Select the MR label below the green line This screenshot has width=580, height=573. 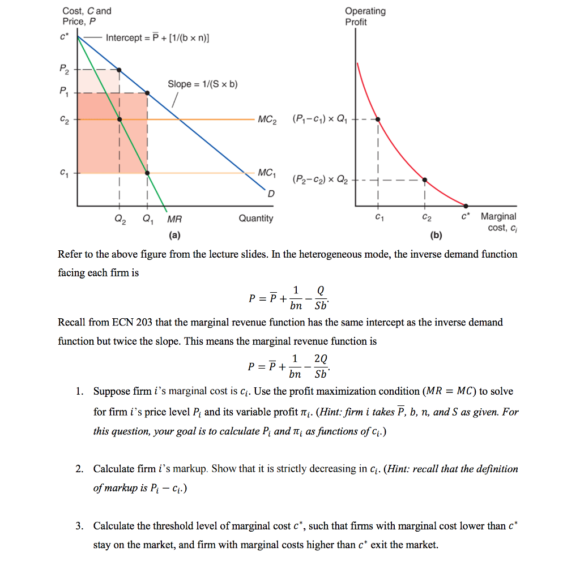tap(174, 219)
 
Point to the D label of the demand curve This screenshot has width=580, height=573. tap(271, 194)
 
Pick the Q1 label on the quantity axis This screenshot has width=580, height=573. tap(147, 219)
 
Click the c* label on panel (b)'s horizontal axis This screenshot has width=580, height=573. tap(465, 216)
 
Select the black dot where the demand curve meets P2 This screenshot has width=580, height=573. tap(119, 70)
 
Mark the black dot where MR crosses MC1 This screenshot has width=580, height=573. tap(147, 173)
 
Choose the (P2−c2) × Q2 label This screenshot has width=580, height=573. tap(318, 180)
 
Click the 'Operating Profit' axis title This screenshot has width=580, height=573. tap(365, 16)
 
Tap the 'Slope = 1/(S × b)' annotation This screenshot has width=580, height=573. tap(202, 84)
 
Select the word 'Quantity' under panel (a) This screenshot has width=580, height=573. tap(255, 219)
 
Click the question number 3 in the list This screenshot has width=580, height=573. tap(80, 526)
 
